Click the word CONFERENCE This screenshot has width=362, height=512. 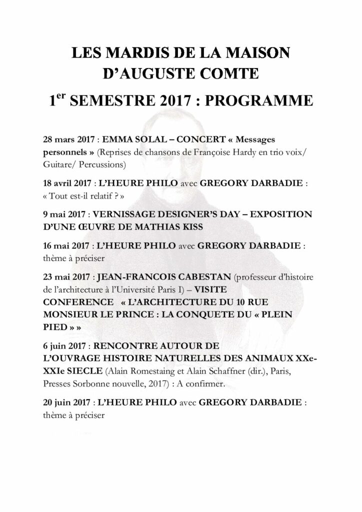78,302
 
